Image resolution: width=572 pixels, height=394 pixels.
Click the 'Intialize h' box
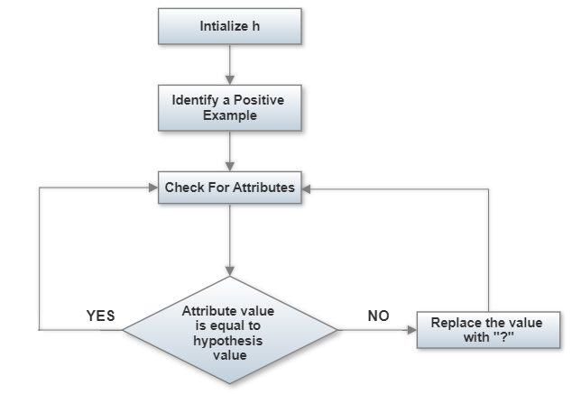tap(229, 27)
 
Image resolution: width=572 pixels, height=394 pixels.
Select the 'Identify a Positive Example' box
tap(229, 107)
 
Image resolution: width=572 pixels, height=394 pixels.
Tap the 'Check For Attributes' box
tap(229, 188)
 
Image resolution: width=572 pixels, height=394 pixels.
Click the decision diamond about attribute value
tap(229, 331)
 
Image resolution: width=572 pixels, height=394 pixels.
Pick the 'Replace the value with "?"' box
tap(487, 331)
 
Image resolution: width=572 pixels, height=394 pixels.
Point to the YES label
tap(100, 316)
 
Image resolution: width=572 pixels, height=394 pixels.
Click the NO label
tap(379, 316)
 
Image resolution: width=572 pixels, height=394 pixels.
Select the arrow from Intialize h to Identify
tap(229, 63)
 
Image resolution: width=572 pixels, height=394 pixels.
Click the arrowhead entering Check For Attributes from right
tap(307, 188)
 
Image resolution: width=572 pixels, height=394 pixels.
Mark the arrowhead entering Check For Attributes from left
tap(152, 188)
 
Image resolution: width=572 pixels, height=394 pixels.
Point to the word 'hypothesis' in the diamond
tap(228, 344)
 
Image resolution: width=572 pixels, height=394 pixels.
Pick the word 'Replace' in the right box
tap(454, 324)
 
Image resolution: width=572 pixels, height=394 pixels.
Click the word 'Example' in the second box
tap(229, 115)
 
